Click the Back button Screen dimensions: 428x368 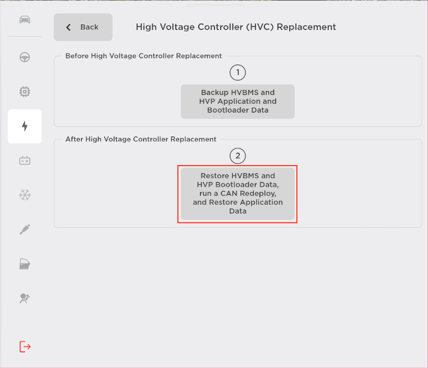point(83,27)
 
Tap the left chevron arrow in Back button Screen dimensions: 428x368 point(68,27)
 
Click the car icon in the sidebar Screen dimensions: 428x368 point(24,20)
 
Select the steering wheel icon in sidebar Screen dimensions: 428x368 point(24,57)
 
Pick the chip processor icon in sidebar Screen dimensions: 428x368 point(24,92)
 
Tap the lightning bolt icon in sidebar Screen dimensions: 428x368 point(24,126)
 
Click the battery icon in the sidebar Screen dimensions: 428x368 point(24,160)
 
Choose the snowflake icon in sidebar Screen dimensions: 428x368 point(24,195)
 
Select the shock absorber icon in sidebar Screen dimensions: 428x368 point(24,229)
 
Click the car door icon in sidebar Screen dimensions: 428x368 point(24,264)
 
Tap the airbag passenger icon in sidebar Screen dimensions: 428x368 point(24,298)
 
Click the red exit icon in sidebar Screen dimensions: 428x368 point(25,346)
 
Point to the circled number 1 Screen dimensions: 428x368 point(238,73)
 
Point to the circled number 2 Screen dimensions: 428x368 point(238,156)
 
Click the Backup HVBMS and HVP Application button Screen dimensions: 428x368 point(237,101)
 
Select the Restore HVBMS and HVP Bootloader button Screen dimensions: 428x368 point(237,194)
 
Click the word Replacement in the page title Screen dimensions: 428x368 point(306,27)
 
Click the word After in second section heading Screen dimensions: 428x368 point(74,139)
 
